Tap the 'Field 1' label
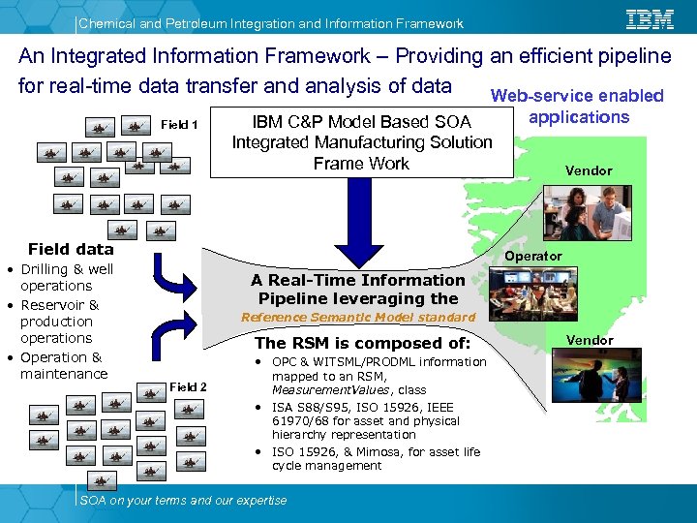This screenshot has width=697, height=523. point(179,125)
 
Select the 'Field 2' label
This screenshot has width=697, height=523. point(189,387)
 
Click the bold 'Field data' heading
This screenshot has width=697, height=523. point(71,249)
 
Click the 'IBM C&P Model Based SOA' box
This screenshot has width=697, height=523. point(361,142)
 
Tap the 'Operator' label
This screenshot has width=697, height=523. point(533,256)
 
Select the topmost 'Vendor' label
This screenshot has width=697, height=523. point(589,170)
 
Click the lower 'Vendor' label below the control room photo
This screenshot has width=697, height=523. point(589,340)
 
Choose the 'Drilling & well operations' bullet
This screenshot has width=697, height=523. point(66,277)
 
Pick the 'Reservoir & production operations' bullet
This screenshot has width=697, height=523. point(59,322)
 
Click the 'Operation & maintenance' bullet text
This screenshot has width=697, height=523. point(63,365)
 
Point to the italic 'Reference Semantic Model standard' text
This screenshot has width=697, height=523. point(357,318)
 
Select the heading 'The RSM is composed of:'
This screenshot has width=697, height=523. point(362,343)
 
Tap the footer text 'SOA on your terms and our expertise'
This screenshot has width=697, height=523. point(183,500)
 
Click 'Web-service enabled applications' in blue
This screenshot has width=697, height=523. point(578,107)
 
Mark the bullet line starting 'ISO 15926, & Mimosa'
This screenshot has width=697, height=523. point(376,458)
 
